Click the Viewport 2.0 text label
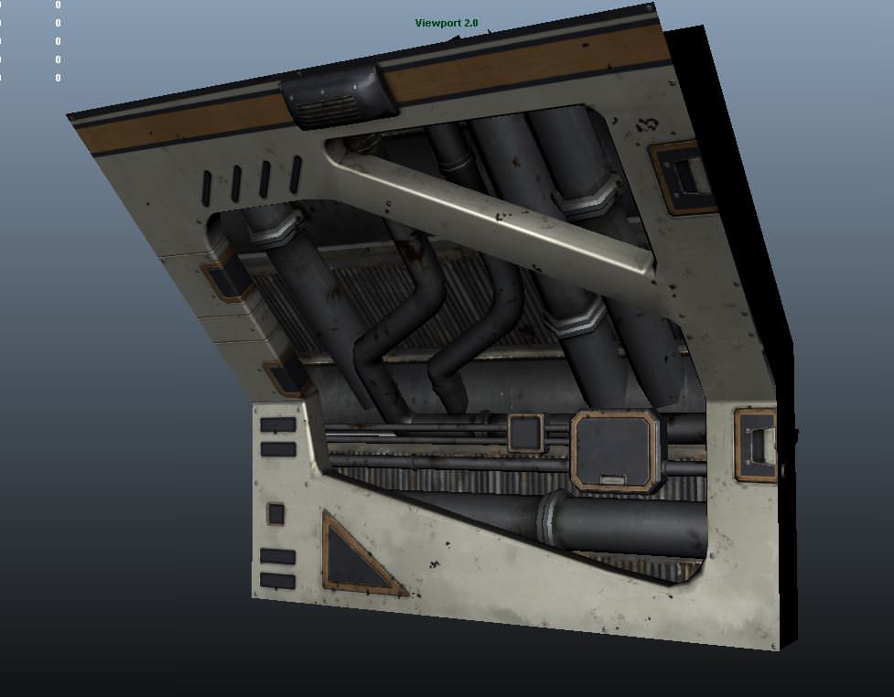[x=447, y=23]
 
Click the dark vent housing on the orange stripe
[x=338, y=97]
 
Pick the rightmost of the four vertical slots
[x=295, y=174]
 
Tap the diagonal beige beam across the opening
[x=494, y=208]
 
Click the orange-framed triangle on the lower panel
[x=358, y=556]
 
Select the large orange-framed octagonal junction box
[x=616, y=451]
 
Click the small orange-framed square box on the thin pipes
[x=525, y=433]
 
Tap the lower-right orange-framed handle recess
[x=757, y=445]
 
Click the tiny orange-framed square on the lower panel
[x=275, y=513]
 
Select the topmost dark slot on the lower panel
[x=277, y=424]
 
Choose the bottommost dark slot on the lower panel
[x=277, y=581]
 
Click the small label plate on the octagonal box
[x=611, y=477]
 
